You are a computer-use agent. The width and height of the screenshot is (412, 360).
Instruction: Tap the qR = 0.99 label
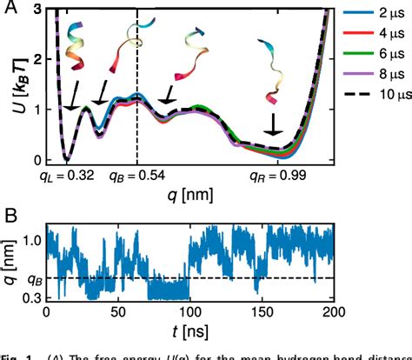click(x=276, y=174)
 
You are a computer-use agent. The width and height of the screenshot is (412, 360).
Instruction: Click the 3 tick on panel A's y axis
click(x=35, y=8)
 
